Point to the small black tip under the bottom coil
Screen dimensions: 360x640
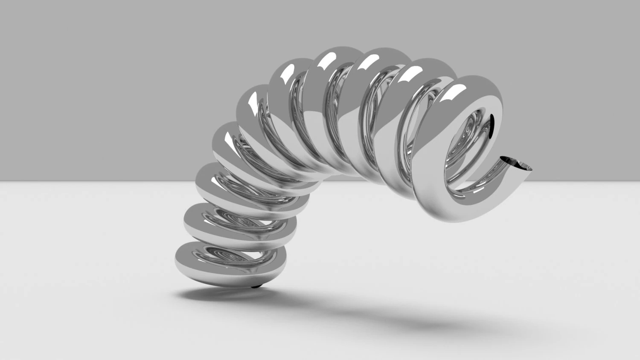[255, 286]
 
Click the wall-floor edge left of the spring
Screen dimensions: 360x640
[85, 181]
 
